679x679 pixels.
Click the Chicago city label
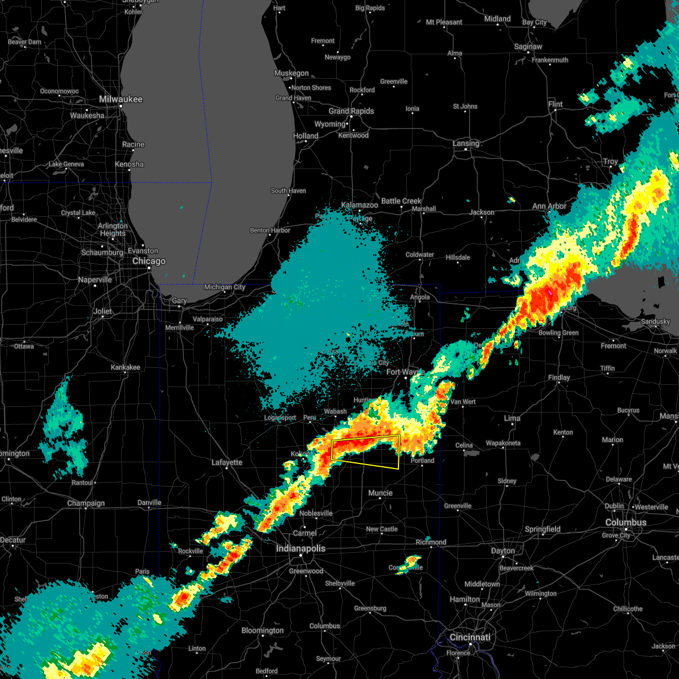149,261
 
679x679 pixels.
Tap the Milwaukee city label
121,99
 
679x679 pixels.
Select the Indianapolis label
300,548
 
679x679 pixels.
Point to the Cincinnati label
470,637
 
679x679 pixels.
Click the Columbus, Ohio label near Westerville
626,522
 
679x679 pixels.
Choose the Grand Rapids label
351,111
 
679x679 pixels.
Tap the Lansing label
466,143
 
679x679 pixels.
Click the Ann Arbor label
549,206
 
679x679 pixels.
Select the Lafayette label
227,462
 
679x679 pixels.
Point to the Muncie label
380,493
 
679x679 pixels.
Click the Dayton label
503,551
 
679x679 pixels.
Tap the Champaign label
86,503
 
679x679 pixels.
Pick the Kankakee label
125,367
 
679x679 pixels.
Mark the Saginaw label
528,46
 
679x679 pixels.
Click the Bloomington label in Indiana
263,630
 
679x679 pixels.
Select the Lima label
512,418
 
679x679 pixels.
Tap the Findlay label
559,377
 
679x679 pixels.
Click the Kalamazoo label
359,205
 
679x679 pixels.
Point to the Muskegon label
291,73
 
